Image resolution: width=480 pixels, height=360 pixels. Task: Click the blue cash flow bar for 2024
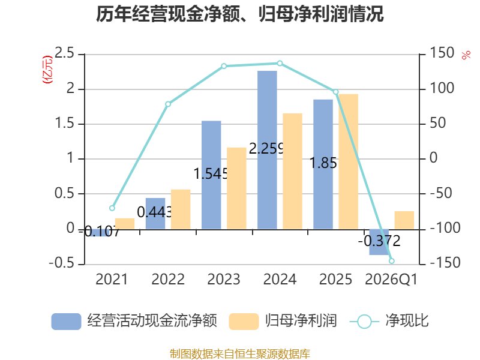pos(267,150)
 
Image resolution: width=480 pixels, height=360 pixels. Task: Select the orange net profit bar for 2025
pos(349,161)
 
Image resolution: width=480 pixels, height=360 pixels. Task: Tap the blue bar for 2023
pos(211,175)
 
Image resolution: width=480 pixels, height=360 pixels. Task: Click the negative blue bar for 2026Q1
pos(379,242)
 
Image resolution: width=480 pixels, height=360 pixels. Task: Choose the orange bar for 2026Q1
pos(404,220)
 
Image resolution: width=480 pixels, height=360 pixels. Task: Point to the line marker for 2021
pos(112,208)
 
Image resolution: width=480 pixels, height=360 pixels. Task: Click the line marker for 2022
pos(168,104)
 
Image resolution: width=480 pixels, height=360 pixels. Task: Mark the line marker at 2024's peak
pos(280,63)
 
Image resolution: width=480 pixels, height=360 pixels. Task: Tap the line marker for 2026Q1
pos(392,261)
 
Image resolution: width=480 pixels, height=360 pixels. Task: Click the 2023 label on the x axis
pos(224,280)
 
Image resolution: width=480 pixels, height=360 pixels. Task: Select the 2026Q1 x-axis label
pos(391,280)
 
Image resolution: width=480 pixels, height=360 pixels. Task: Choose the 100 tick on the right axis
pos(442,89)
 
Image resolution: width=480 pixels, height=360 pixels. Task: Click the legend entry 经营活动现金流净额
pos(134,321)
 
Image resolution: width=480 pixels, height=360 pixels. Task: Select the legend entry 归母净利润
pos(283,321)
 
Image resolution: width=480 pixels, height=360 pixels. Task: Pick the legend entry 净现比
pos(390,321)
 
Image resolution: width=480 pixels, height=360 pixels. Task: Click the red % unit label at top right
pos(466,55)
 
